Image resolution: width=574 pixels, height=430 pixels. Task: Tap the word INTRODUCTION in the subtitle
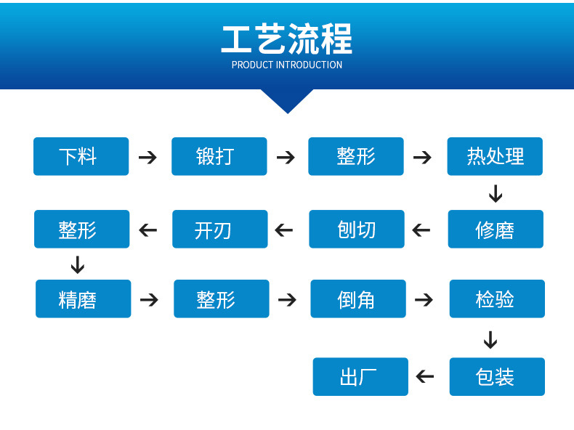(x=309, y=65)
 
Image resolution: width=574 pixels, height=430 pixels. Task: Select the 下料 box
(x=81, y=156)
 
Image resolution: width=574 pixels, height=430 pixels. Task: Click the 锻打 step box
(x=219, y=156)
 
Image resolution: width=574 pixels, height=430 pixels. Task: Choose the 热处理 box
(x=495, y=156)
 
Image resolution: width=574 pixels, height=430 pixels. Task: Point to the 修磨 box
(x=495, y=230)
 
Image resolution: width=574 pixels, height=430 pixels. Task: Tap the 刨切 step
(x=356, y=230)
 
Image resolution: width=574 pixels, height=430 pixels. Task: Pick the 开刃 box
(x=219, y=230)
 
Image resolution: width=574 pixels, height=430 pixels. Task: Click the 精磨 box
(x=83, y=299)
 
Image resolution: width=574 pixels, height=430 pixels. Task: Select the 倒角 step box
(x=357, y=299)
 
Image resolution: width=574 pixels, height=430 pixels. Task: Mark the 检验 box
(x=496, y=299)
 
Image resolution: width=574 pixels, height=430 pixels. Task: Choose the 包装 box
(x=496, y=376)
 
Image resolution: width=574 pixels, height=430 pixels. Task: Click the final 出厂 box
(x=360, y=376)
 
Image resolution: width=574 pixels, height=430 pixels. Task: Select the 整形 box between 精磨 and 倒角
(x=221, y=299)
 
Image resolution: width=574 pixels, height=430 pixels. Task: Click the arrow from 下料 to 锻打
(x=147, y=157)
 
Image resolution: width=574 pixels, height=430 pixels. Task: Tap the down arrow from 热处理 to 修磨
(x=496, y=194)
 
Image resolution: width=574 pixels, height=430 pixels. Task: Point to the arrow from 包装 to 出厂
(x=425, y=376)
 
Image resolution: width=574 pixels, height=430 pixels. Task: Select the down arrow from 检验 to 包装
(x=490, y=339)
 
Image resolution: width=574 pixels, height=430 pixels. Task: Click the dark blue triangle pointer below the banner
(x=287, y=99)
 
